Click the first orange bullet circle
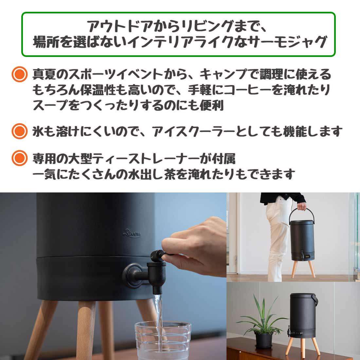pos(20,74)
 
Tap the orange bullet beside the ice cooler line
pos(20,131)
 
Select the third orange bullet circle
pos(20,158)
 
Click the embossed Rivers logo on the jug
pos(132,233)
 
